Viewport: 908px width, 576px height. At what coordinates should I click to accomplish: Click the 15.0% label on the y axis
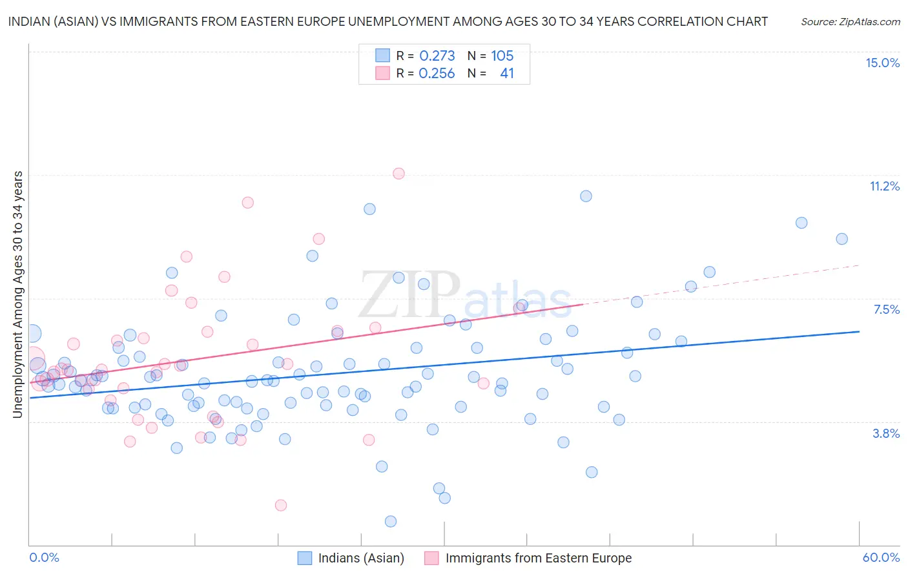tap(882, 63)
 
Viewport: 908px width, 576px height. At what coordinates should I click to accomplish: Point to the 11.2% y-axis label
tap(884, 186)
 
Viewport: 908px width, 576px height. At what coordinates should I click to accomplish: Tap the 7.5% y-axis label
tap(886, 309)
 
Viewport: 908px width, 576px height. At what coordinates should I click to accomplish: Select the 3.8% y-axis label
tap(886, 433)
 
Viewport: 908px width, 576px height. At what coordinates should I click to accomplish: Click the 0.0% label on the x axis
tap(44, 557)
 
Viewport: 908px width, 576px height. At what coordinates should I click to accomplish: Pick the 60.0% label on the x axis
tap(881, 557)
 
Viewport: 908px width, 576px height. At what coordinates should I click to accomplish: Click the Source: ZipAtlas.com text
tap(850, 21)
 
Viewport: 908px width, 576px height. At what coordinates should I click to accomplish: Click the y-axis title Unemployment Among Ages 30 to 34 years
tap(18, 294)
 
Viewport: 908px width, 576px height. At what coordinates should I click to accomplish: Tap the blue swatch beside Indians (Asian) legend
tap(305, 558)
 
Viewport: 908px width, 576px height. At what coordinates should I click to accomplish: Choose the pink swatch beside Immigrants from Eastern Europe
tap(431, 558)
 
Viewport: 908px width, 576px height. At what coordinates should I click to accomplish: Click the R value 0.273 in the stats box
tap(437, 56)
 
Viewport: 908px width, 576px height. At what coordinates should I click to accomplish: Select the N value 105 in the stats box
tap(502, 56)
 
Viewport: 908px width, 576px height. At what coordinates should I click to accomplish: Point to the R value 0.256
tap(437, 74)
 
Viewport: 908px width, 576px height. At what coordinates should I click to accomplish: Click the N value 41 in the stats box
tap(507, 74)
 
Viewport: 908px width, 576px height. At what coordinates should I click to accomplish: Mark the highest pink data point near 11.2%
tap(398, 173)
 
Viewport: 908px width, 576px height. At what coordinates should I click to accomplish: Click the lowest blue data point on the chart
tap(391, 521)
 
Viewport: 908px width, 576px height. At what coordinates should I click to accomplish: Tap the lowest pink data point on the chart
tap(281, 505)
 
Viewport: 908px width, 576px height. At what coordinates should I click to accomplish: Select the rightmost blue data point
tap(841, 239)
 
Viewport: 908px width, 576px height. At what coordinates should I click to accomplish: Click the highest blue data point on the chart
tap(586, 196)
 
